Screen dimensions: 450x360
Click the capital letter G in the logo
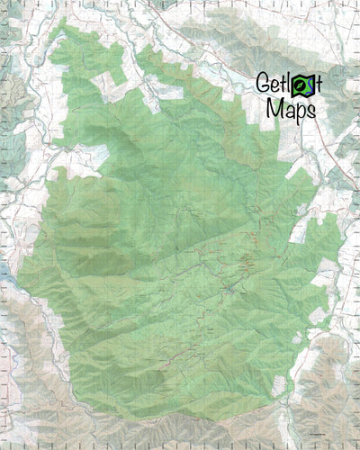[263, 84]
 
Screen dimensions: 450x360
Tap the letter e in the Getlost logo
[274, 85]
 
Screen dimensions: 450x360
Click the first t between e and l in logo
[283, 84]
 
